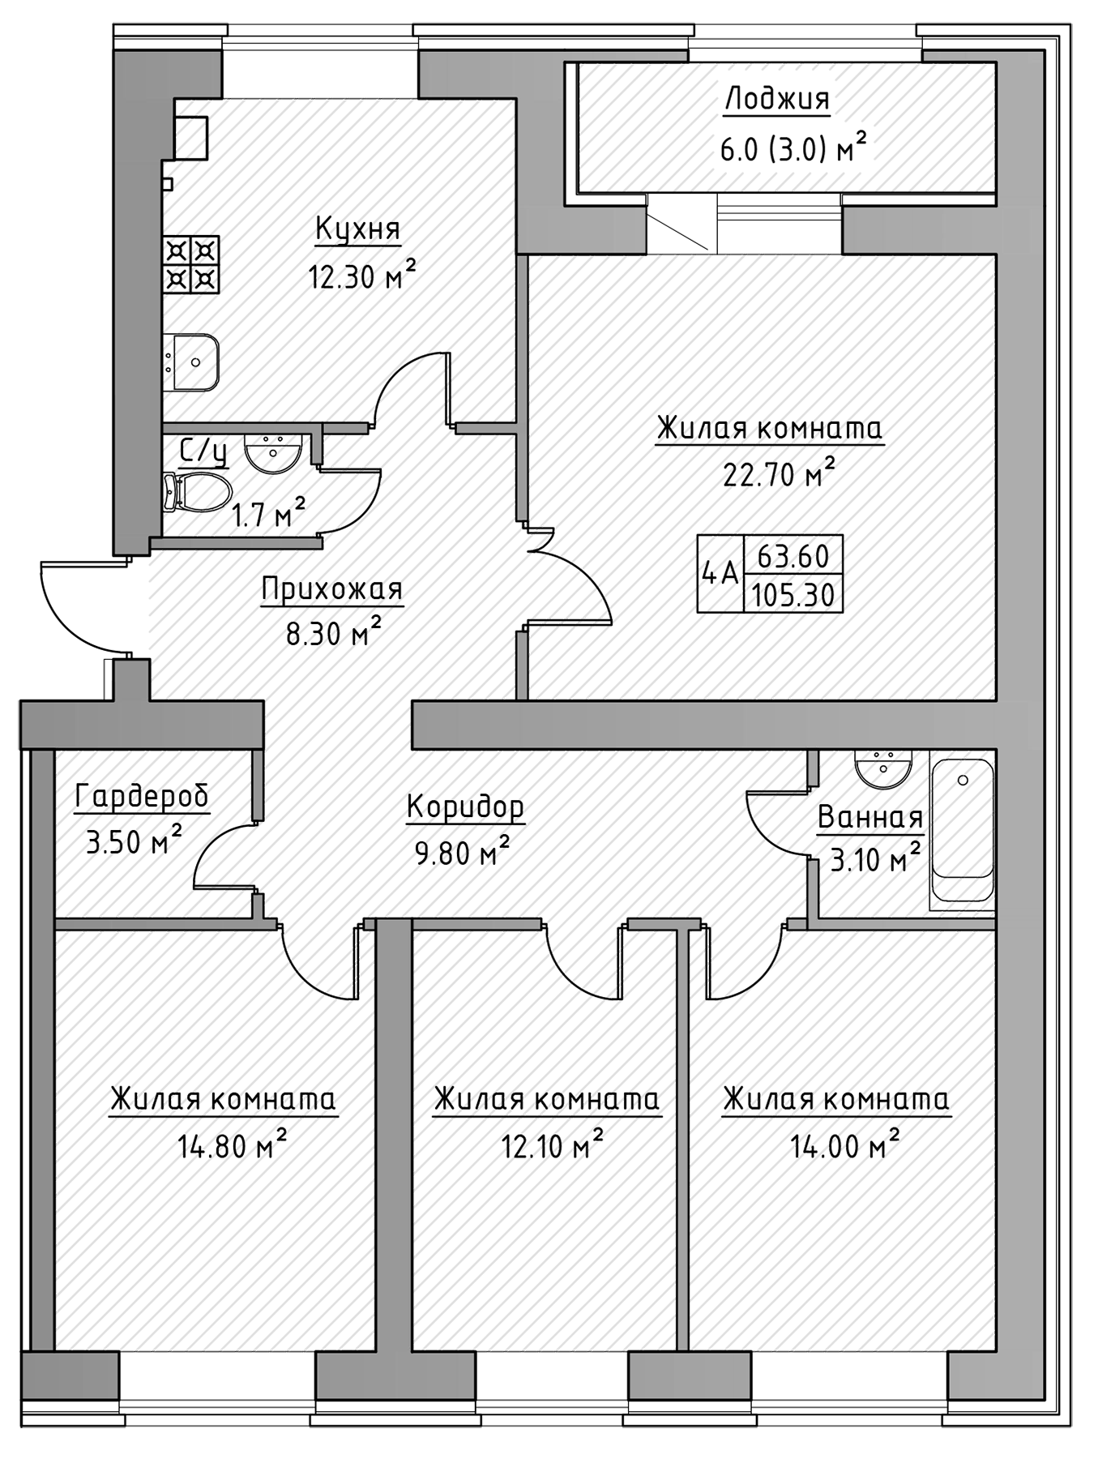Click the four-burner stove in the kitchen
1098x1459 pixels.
point(192,264)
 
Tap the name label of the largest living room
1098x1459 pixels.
point(769,430)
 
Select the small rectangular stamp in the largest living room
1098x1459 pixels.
point(770,572)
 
